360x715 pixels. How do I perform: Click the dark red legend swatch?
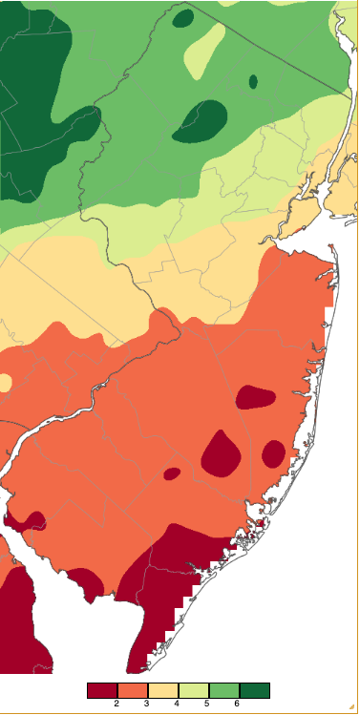pyautogui.click(x=102, y=690)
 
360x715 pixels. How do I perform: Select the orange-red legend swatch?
pyautogui.click(x=132, y=690)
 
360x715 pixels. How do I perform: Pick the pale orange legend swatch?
pyautogui.click(x=162, y=690)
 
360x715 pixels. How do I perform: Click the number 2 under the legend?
pyautogui.click(x=116, y=704)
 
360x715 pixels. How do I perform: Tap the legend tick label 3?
pyautogui.click(x=147, y=704)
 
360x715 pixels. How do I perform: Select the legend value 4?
pyautogui.click(x=177, y=704)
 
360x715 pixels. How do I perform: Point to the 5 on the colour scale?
pyautogui.click(x=207, y=704)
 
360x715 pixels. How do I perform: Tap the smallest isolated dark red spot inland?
pyautogui.click(x=172, y=473)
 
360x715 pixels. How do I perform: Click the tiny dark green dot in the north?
pyautogui.click(x=253, y=82)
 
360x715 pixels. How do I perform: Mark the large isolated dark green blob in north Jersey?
pyautogui.click(x=202, y=120)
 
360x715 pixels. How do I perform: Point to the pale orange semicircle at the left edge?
pyautogui.click(x=5, y=383)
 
